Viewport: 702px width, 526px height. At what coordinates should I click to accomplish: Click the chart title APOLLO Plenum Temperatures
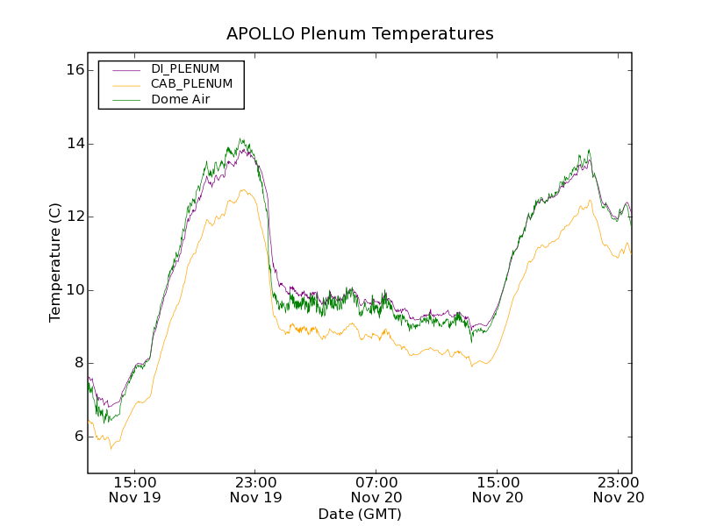[x=360, y=33]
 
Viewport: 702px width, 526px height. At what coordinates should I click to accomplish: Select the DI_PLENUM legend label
[x=185, y=68]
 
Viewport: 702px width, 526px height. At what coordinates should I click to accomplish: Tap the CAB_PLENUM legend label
[x=191, y=84]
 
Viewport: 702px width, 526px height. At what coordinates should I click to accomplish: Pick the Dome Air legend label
[x=180, y=100]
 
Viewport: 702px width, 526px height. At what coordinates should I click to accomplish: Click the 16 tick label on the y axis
[x=74, y=70]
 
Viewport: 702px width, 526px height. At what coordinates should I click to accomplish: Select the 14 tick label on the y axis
[x=74, y=144]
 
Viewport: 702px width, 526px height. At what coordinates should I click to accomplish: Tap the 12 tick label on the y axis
[x=74, y=217]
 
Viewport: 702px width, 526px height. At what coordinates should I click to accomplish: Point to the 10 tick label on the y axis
[x=74, y=290]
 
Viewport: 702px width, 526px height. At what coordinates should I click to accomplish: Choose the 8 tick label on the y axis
[x=77, y=363]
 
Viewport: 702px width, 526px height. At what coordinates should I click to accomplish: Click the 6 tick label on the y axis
[x=77, y=437]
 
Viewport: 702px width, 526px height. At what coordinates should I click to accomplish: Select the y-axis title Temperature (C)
[x=55, y=262]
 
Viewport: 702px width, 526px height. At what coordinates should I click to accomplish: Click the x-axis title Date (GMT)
[x=360, y=514]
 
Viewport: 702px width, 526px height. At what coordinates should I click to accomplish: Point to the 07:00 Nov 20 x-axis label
[x=376, y=489]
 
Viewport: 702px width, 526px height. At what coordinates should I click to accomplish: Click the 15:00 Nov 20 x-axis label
[x=498, y=489]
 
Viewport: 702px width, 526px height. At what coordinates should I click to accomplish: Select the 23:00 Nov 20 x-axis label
[x=619, y=489]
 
